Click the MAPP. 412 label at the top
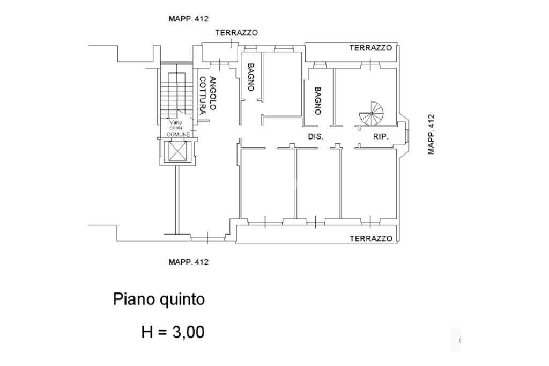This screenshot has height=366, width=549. tap(188, 19)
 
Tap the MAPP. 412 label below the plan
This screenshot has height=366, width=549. tap(188, 262)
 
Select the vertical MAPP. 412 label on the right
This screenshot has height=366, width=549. tap(431, 134)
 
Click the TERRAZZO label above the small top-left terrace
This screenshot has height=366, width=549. tap(236, 33)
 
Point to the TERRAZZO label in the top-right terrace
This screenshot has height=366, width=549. tap(370, 48)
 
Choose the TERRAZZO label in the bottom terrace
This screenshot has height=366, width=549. tap(371, 238)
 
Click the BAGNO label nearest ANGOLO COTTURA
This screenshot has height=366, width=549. tap(250, 77)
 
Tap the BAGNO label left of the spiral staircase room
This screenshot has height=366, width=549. tap(317, 101)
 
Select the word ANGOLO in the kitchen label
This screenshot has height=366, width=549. tap(213, 93)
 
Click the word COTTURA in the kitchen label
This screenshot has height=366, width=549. tap(203, 97)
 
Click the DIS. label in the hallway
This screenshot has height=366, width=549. tap(316, 137)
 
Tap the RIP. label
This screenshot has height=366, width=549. tap(381, 137)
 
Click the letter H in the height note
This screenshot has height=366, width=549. tap(147, 332)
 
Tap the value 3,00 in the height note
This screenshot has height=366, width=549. tap(188, 332)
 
